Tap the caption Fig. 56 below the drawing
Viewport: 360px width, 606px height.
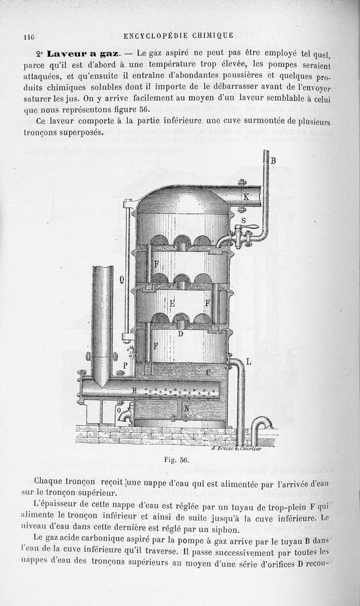(176, 460)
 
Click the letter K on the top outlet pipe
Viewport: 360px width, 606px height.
(246, 197)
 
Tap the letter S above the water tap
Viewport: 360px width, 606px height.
(243, 220)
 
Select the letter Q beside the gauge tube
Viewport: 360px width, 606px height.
(121, 280)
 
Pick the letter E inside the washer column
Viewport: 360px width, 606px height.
(172, 304)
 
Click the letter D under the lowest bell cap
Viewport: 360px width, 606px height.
(180, 334)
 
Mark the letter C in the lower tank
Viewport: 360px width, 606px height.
(208, 372)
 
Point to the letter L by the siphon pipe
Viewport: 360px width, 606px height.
(248, 362)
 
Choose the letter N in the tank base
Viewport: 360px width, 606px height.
(187, 408)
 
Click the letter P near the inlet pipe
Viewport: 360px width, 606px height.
(126, 365)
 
